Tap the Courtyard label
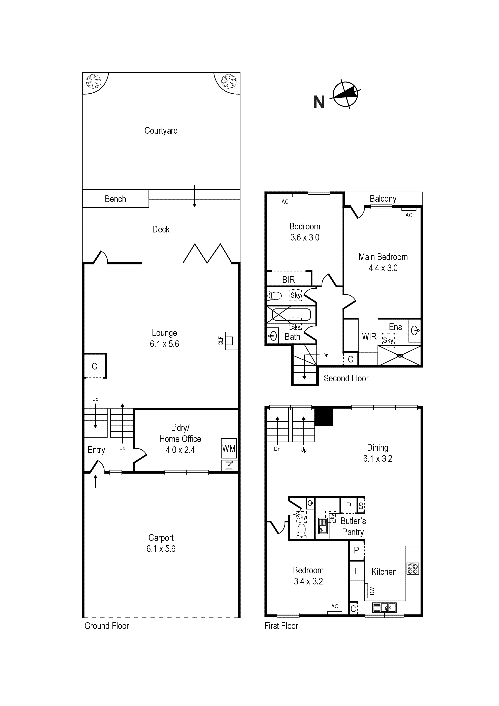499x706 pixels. pos(161,131)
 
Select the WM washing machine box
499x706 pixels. pos(229,449)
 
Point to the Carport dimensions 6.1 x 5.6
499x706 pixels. pos(161,549)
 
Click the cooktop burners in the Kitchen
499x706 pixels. pos(413,568)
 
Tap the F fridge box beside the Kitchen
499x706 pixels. pos(357,571)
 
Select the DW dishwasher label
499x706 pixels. pos(372,591)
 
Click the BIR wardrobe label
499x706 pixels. pos(288,280)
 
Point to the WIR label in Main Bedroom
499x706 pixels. pos(369,337)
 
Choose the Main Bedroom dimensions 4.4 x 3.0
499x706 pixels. pos(383,268)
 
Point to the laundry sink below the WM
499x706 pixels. pos(229,466)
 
